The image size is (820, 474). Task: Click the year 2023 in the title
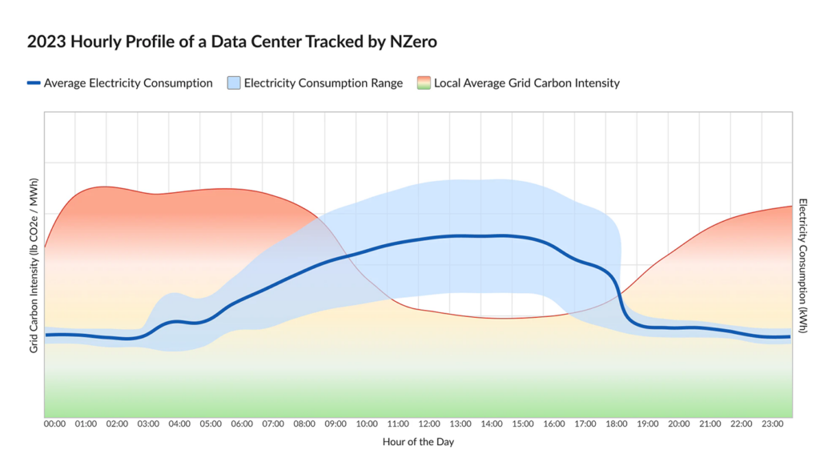click(47, 42)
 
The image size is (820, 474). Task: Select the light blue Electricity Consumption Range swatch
click(233, 82)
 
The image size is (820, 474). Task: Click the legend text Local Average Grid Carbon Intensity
click(526, 82)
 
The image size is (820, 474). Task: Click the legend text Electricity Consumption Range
click(323, 82)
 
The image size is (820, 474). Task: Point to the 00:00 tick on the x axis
click(55, 424)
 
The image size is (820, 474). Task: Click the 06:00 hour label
click(242, 424)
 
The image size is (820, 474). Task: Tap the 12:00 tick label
click(429, 424)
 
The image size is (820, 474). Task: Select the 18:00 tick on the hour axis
click(616, 424)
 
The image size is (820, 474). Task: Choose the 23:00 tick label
click(772, 424)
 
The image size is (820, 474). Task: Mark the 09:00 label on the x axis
click(336, 424)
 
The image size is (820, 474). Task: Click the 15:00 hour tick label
click(523, 424)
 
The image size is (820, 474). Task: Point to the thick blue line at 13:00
click(460, 235)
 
